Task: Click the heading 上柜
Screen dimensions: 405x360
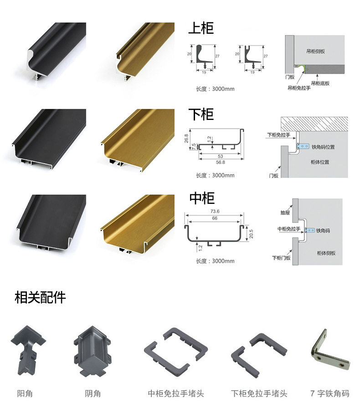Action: (201, 28)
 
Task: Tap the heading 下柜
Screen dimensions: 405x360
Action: (201, 114)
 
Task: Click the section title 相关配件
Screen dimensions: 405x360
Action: (41, 298)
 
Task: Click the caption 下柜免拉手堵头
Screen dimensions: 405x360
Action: (259, 393)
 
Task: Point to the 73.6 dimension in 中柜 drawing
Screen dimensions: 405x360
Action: (215, 211)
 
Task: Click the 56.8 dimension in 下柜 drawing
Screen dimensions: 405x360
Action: (220, 162)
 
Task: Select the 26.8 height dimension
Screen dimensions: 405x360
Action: (186, 138)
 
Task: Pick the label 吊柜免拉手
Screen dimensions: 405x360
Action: (299, 88)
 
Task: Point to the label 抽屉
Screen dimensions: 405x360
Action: (285, 213)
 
